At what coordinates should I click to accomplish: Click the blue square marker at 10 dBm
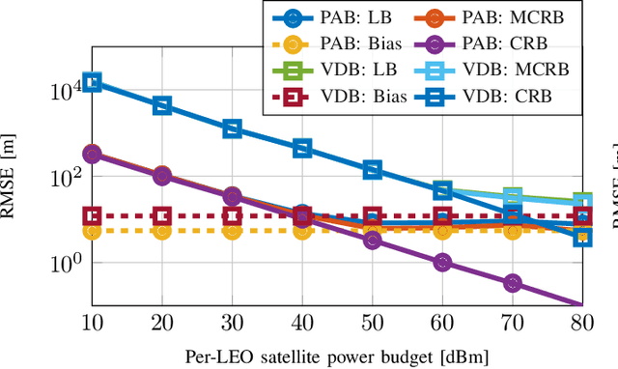(x=92, y=83)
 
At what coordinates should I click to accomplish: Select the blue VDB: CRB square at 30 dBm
(x=232, y=128)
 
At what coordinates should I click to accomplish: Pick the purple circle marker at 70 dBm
(x=513, y=283)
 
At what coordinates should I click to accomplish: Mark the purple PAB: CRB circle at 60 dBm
(x=442, y=262)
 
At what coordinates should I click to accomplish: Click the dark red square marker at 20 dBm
(x=162, y=216)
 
